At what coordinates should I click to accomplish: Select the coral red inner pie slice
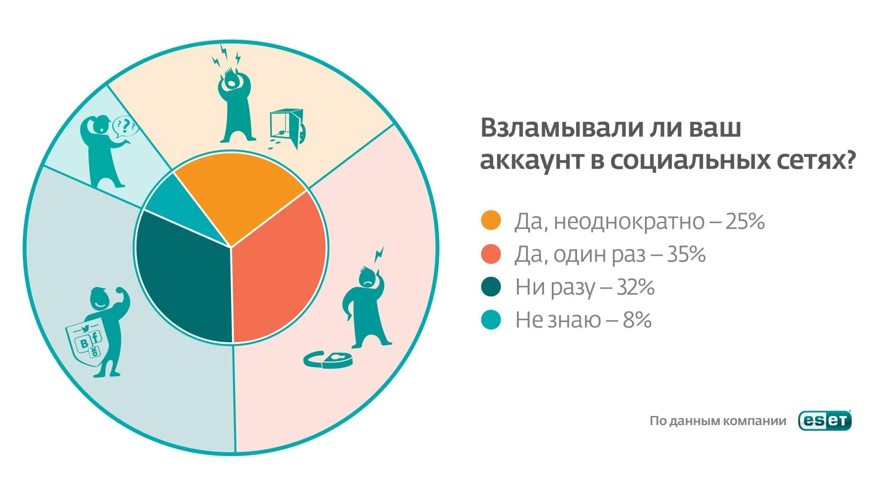280,270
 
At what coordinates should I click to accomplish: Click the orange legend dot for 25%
491,220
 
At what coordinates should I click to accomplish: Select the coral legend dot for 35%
491,254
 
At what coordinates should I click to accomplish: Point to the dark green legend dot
491,287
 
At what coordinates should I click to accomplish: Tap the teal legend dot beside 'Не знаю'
491,320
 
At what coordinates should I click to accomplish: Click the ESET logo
825,421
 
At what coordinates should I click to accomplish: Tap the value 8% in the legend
637,320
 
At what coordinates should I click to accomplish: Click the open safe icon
287,129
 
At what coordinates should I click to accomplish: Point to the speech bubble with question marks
125,127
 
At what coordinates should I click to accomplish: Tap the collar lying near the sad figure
328,359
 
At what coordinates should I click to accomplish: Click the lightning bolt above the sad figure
379,255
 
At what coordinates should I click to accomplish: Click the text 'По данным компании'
718,421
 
